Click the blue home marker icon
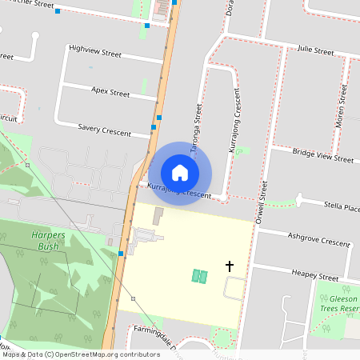180,172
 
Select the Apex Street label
110,93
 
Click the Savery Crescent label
104,129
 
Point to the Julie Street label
314,51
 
